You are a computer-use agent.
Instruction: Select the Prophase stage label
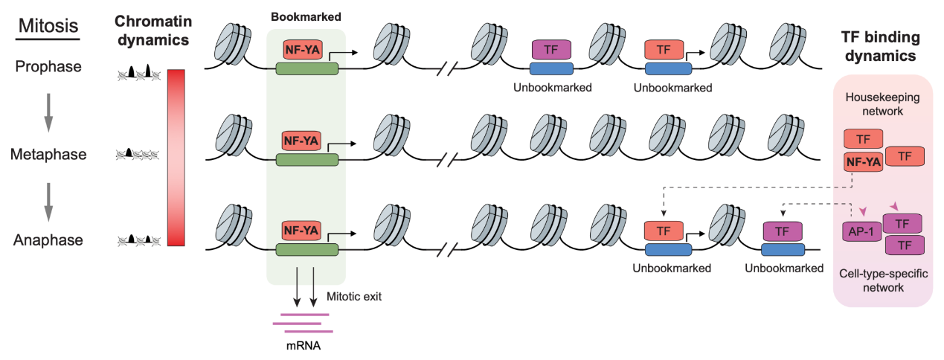point(48,67)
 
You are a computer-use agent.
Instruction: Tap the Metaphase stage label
point(48,155)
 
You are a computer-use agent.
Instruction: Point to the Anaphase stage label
point(48,240)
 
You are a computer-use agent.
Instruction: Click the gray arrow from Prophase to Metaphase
point(48,112)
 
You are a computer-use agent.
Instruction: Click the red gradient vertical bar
point(177,157)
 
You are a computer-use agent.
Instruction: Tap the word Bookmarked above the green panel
point(306,16)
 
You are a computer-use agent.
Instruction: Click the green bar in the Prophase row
point(306,68)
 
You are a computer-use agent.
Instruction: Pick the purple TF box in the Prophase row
point(551,50)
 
